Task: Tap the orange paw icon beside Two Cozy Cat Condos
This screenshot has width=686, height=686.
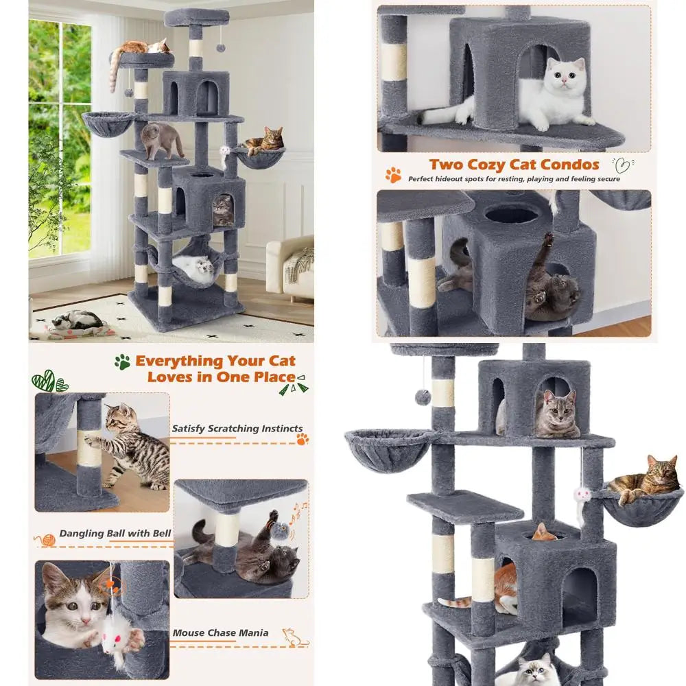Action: pos(393,175)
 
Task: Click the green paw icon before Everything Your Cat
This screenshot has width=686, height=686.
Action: pos(123,362)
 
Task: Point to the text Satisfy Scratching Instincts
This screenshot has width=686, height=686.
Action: pos(237,429)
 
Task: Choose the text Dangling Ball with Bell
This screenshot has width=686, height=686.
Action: pos(115,534)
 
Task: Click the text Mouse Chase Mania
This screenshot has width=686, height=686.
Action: pos(220,633)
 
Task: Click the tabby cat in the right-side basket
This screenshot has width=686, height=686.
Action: pos(645,480)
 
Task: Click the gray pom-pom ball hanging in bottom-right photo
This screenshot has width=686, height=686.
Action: pos(423,397)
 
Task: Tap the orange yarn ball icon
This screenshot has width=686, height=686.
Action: pos(47,541)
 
